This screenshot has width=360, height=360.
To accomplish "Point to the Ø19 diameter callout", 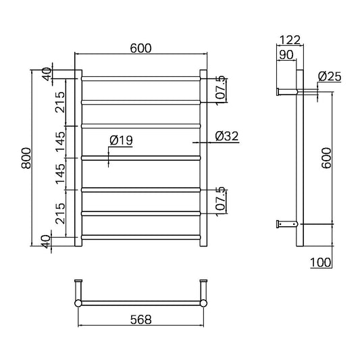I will coord(121,140).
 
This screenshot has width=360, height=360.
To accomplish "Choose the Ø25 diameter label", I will coord(329,77).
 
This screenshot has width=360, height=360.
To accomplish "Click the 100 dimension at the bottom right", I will coord(322,262).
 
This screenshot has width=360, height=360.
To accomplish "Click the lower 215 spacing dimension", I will coord(59,213).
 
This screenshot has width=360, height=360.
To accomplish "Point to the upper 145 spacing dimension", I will coord(59,141).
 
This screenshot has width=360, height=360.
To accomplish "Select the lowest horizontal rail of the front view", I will coord(141,236).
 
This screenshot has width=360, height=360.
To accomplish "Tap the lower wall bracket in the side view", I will coord(285,224).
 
